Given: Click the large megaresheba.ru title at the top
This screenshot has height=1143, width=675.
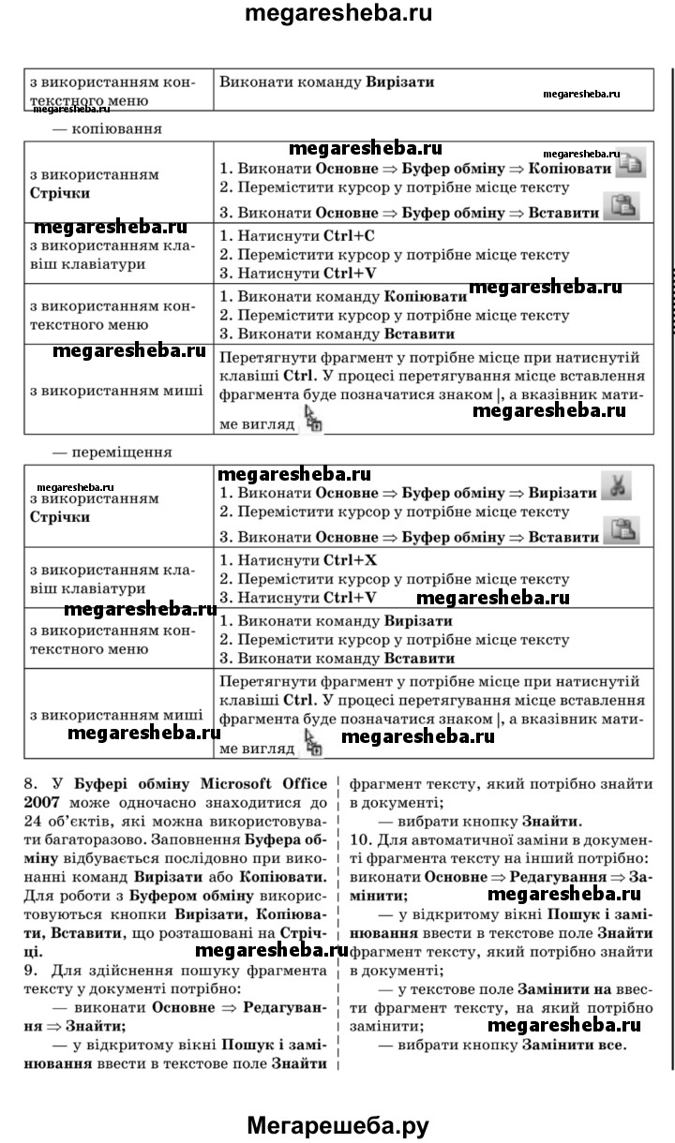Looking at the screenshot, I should (337, 16).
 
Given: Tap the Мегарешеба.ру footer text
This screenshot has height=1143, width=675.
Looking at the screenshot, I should (337, 1125).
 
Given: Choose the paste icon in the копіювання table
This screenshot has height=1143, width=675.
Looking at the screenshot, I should (620, 206).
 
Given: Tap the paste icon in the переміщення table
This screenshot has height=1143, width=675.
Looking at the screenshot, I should (620, 531).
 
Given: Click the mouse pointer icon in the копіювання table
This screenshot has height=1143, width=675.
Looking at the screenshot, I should (313, 419).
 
